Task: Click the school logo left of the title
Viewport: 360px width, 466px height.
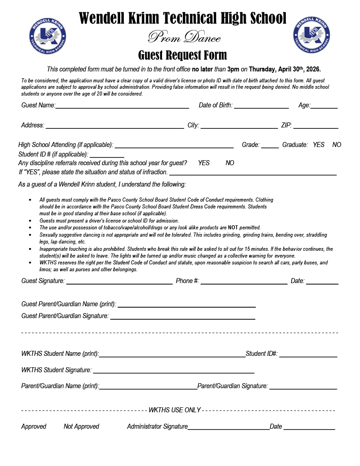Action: click(47, 35)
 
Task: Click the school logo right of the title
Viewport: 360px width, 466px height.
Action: click(312, 35)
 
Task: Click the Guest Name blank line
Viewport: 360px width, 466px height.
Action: click(122, 106)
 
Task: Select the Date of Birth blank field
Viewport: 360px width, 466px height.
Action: click(261, 106)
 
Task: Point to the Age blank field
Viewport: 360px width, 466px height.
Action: click(324, 106)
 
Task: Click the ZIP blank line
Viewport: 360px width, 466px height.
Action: click(315, 127)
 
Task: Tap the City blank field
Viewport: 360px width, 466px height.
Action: click(239, 127)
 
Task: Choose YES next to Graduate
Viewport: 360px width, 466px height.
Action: click(319, 145)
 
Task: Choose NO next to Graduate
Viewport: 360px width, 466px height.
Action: click(337, 145)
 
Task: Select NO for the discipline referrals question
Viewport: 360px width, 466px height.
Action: click(230, 163)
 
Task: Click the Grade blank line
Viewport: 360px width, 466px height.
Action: click(270, 146)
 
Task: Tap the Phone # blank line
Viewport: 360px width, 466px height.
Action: click(243, 282)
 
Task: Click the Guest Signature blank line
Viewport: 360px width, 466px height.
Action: click(119, 282)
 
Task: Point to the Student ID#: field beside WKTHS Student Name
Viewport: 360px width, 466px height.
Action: click(308, 355)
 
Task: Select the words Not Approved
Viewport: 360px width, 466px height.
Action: click(81, 426)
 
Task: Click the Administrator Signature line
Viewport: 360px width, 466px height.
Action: click(228, 428)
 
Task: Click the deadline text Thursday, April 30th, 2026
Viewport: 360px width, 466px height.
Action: click(284, 69)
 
